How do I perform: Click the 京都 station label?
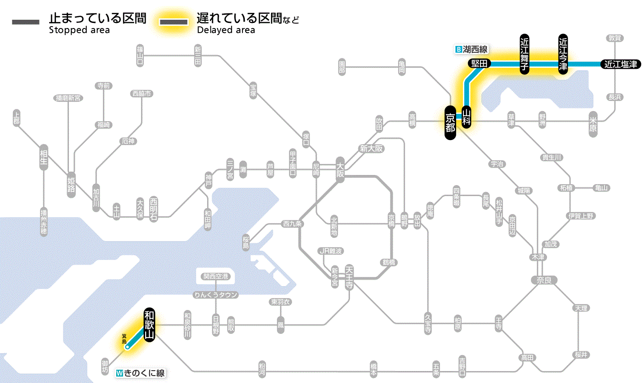450,122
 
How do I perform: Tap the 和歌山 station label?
149,324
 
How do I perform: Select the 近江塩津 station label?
620,64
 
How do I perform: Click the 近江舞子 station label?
525,53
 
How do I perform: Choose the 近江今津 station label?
563,53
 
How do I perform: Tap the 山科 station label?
467,117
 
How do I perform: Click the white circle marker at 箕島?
127,347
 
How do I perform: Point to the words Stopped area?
79,30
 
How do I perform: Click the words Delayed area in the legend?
226,30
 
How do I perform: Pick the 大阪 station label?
340,169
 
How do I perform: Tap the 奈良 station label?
543,280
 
